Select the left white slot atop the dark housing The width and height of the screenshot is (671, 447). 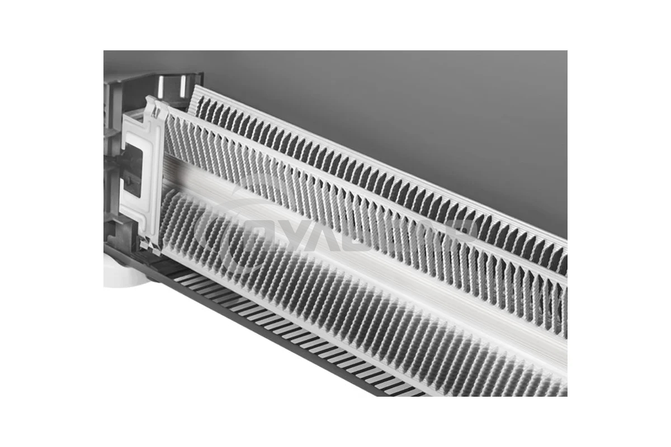pyautogui.click(x=161, y=84)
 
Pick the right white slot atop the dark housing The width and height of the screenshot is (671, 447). pyautogui.click(x=182, y=84)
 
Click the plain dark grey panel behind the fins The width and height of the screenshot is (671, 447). pyautogui.click(x=419, y=112)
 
